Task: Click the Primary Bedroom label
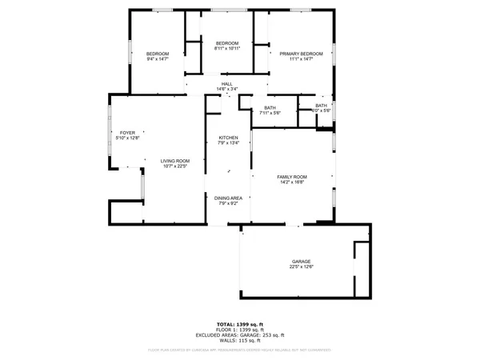tap(301, 54)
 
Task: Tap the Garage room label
tap(301, 262)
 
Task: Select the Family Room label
tap(292, 177)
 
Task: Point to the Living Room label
tap(174, 161)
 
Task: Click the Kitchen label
tap(229, 138)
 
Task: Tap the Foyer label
tap(127, 133)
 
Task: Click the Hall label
tap(227, 83)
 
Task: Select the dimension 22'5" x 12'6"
tap(301, 268)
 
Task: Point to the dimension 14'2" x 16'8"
tap(292, 183)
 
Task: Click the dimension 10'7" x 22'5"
tap(174, 167)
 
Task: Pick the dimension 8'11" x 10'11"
tap(227, 49)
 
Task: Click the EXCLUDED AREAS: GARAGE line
tap(240, 334)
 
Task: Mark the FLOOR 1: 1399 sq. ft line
tap(240, 330)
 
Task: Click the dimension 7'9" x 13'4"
tap(229, 145)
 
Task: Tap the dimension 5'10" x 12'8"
tap(127, 139)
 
